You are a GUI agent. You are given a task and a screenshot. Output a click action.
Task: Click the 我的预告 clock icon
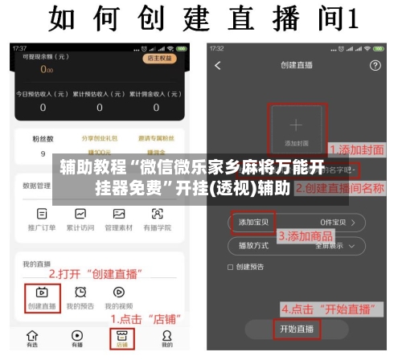pos(80,292)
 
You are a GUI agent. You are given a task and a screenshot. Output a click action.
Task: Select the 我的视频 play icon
pos(119,292)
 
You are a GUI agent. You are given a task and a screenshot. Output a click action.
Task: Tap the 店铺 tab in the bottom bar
pos(122,337)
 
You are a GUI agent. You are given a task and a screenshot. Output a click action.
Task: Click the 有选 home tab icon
pos(32,336)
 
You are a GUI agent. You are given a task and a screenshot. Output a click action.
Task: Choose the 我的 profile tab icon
pos(166,336)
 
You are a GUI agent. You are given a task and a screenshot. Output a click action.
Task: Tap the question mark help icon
pos(375,65)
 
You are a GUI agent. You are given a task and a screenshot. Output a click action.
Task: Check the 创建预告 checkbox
pos(231,267)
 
